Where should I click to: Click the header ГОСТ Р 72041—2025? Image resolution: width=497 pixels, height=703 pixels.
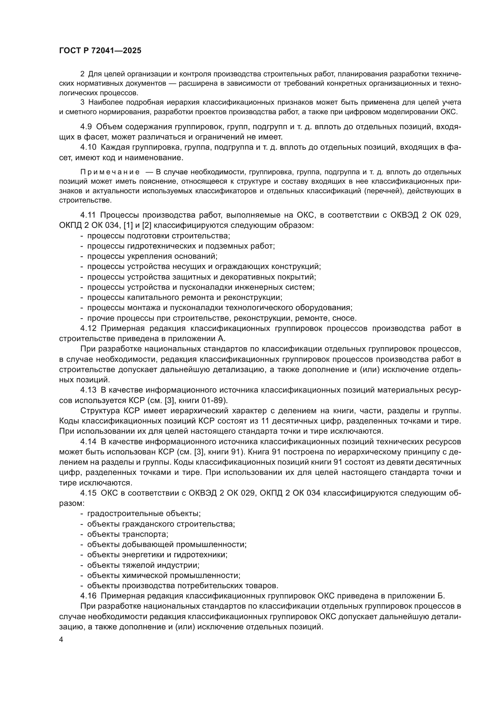click(x=100, y=51)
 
